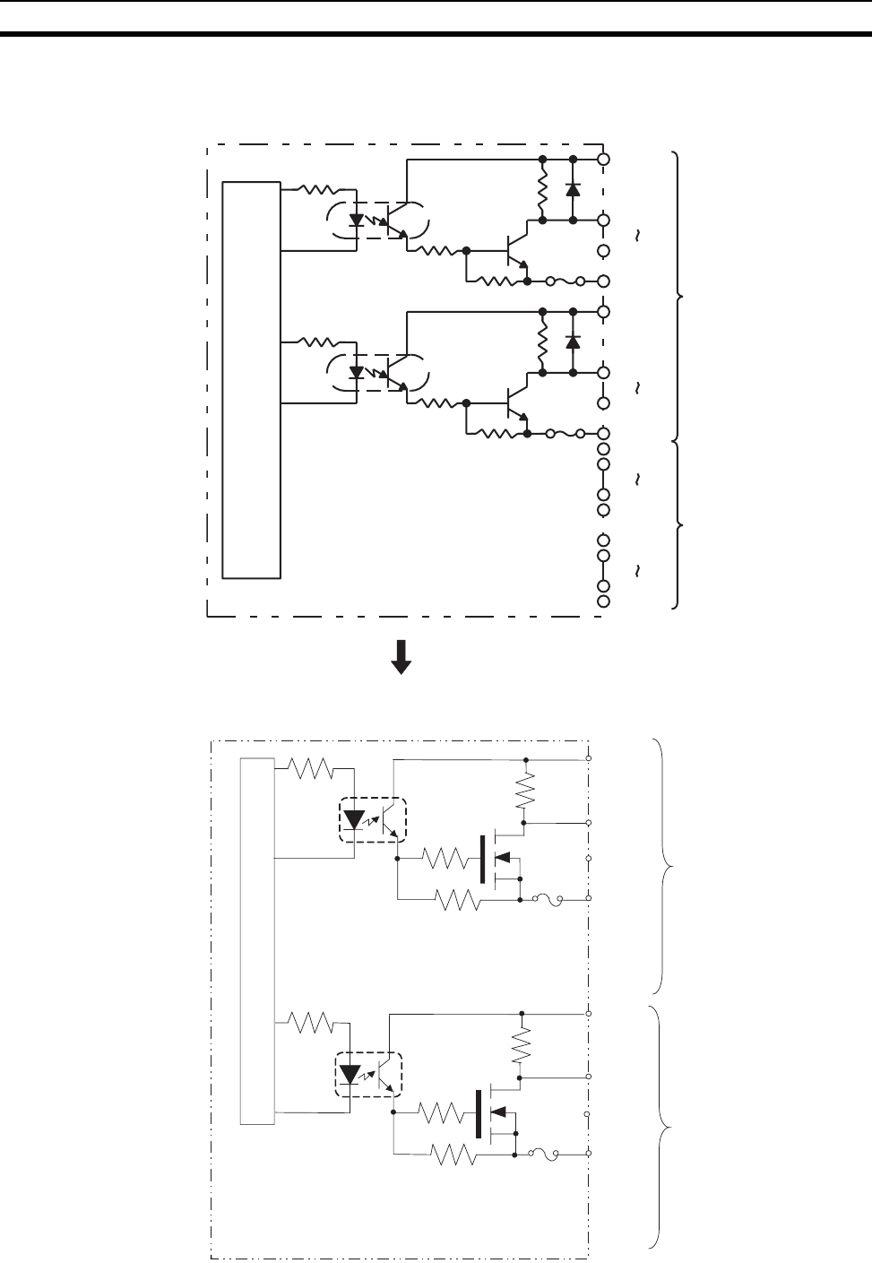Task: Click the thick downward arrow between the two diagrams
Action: [401, 655]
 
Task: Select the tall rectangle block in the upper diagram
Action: [252, 379]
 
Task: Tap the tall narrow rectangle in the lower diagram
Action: [257, 940]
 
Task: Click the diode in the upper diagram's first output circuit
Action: [573, 190]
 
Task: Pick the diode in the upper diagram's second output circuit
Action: [573, 342]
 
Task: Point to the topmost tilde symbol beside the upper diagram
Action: [638, 237]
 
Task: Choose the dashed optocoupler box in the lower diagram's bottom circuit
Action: [368, 1074]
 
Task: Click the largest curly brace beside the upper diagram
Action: [679, 295]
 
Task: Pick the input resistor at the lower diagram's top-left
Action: [309, 768]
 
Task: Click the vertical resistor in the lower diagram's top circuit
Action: [526, 791]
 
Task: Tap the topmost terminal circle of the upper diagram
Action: [604, 159]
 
